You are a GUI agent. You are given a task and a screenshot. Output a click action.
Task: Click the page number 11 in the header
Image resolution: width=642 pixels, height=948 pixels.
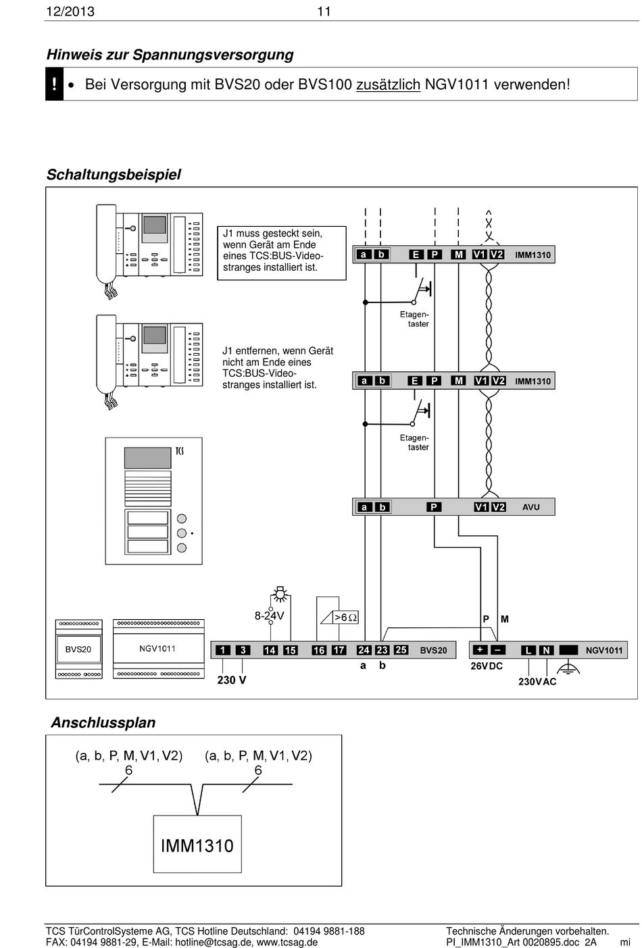324,11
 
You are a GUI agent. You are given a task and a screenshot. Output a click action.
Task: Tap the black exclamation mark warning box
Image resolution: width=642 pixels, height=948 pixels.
54,84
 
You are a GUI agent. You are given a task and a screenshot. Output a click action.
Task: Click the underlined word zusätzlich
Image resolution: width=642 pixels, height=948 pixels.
388,85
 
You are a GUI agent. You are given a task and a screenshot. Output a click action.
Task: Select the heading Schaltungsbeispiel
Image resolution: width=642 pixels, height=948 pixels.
114,175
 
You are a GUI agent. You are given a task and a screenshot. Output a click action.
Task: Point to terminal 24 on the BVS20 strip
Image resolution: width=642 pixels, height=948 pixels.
364,650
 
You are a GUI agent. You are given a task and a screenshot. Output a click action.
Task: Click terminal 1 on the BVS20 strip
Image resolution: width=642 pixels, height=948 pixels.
222,650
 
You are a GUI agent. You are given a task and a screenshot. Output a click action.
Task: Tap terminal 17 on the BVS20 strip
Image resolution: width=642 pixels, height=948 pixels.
339,650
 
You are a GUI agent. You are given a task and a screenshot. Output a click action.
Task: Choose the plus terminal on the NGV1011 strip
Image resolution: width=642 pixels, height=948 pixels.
479,650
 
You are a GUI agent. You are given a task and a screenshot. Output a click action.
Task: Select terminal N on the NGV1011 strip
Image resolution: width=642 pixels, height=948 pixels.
546,650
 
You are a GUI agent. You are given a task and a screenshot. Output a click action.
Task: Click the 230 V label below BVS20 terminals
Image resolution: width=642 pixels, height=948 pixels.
232,680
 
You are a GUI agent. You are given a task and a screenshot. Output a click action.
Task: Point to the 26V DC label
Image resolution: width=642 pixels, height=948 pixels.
487,666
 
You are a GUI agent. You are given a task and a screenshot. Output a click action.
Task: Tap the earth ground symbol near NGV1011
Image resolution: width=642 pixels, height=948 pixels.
568,669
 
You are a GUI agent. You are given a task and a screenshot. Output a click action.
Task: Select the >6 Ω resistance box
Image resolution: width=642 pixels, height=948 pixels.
345,617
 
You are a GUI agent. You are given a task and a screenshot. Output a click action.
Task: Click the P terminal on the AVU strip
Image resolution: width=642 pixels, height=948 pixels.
434,507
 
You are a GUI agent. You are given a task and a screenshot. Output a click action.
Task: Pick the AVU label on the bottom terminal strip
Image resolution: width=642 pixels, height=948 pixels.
530,507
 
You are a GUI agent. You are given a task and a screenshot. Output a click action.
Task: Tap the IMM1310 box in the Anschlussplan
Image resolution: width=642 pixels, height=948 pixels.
197,845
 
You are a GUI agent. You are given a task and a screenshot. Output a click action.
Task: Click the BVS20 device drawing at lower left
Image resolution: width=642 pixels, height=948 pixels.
78,649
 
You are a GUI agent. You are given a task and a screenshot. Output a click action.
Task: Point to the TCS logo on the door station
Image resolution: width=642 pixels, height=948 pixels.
179,451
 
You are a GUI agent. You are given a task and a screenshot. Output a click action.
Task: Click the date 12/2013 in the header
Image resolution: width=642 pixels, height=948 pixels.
70,11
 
